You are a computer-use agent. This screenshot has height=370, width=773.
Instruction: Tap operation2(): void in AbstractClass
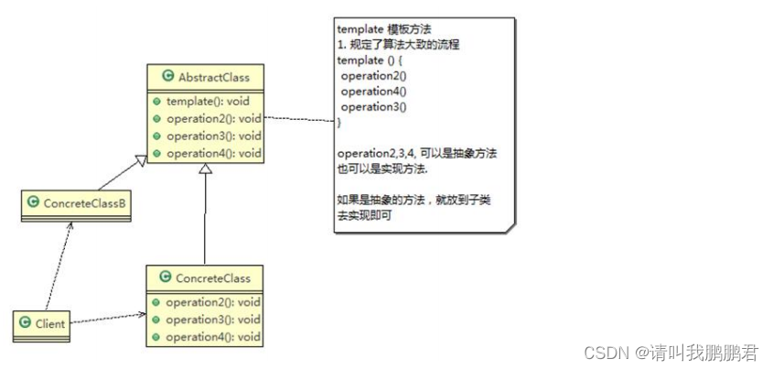click(x=213, y=118)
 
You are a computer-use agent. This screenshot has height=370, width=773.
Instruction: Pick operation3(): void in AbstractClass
click(x=213, y=136)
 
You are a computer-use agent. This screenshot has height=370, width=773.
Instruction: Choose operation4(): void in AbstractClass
click(x=213, y=153)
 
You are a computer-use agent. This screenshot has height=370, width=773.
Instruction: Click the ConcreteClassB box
click(x=77, y=202)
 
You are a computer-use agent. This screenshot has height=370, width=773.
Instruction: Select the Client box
click(x=41, y=321)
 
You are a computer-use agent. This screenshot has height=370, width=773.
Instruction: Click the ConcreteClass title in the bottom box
click(x=211, y=276)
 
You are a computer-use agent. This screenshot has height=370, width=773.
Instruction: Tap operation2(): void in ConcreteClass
click(x=213, y=301)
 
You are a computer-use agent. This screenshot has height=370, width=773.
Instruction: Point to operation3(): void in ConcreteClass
click(x=213, y=319)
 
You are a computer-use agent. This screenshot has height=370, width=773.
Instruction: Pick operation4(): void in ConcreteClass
click(x=213, y=336)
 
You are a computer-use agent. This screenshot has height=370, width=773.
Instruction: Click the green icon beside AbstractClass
click(x=168, y=77)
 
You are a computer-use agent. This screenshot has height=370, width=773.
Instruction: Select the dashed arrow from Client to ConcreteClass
click(x=106, y=318)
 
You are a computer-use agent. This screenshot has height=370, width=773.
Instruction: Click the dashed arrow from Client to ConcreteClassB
click(x=57, y=266)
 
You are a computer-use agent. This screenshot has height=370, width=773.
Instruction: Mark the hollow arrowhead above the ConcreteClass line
click(x=206, y=171)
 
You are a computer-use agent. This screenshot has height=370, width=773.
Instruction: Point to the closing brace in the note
click(x=339, y=122)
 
